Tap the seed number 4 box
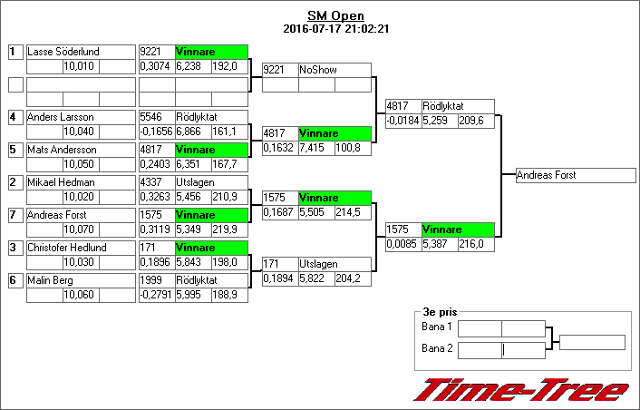pyautogui.click(x=15, y=117)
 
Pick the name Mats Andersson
pyautogui.click(x=62, y=150)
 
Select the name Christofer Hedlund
pyautogui.click(x=67, y=248)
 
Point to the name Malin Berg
pyautogui.click(x=51, y=280)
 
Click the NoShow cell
pyautogui.click(x=335, y=70)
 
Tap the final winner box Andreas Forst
pyautogui.click(x=569, y=175)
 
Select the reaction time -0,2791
pyautogui.click(x=156, y=294)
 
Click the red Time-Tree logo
pyautogui.click(x=521, y=389)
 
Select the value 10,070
pyautogui.click(x=80, y=229)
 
